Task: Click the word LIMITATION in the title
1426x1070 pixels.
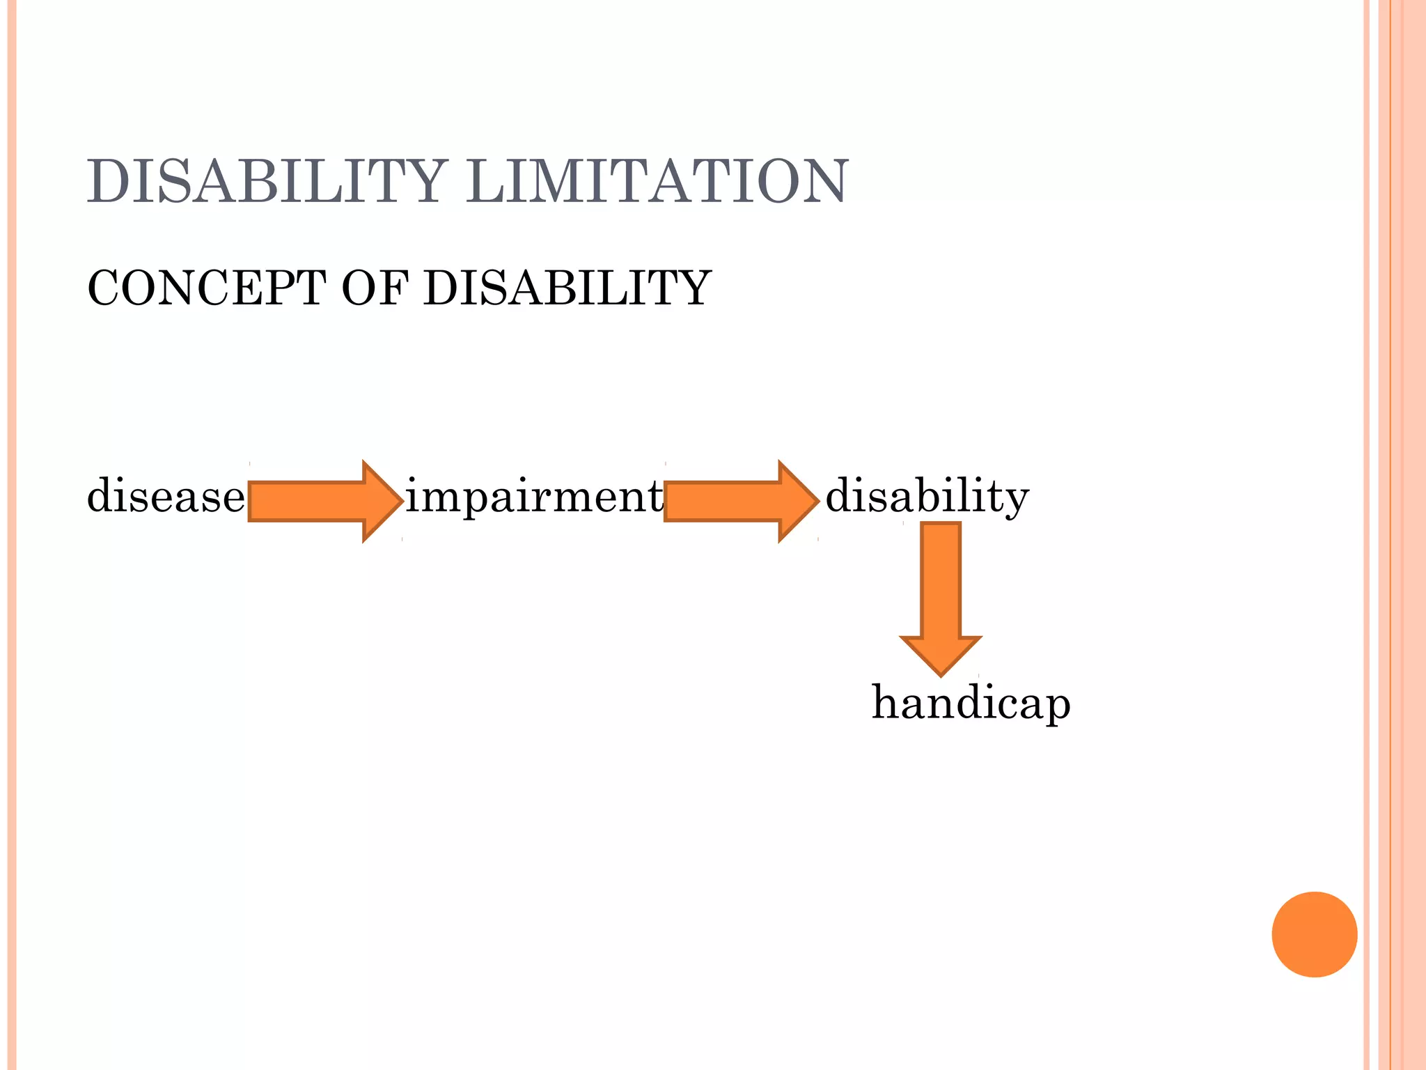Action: (657, 181)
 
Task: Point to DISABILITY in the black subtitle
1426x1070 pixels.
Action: (567, 288)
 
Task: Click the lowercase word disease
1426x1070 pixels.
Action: (166, 497)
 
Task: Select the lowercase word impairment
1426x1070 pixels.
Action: (534, 497)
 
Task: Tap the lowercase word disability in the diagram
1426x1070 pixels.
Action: (927, 497)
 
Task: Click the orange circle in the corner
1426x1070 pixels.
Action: (1314, 934)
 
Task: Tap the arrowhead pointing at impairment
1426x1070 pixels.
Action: (382, 501)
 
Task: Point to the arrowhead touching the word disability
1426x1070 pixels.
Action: (798, 501)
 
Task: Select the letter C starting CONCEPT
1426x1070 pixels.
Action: (102, 288)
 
